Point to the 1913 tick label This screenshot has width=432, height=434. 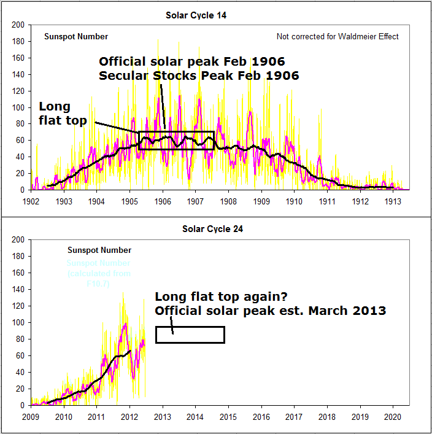pyautogui.click(x=393, y=201)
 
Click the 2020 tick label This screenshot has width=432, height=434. pyautogui.click(x=393, y=416)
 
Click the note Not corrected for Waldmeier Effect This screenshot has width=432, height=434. pyautogui.click(x=337, y=37)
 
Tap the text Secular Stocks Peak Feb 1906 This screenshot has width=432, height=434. pyautogui.click(x=199, y=76)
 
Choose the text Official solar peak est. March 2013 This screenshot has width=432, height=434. pyautogui.click(x=270, y=311)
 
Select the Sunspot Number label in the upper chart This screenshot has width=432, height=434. pyautogui.click(x=76, y=37)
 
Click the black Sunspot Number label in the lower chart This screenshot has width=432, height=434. pyautogui.click(x=99, y=250)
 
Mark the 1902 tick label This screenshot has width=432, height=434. pyautogui.click(x=31, y=201)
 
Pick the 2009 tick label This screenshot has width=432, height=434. pyautogui.click(x=31, y=416)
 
